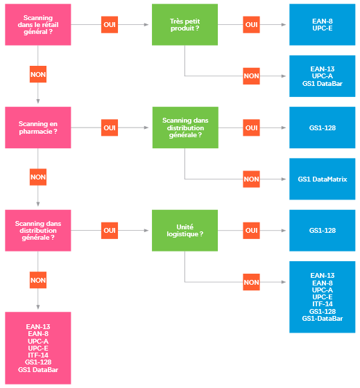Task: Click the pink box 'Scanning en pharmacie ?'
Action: pyautogui.click(x=38, y=127)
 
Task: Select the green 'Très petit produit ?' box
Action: pyautogui.click(x=185, y=24)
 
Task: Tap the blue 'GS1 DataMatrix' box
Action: pyautogui.click(x=322, y=179)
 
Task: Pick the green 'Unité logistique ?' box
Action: pyautogui.click(x=185, y=230)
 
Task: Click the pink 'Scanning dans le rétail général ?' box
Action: pyautogui.click(x=38, y=24)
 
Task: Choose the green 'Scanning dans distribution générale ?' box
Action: pyautogui.click(x=185, y=127)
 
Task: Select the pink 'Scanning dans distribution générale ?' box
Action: pyautogui.click(x=38, y=230)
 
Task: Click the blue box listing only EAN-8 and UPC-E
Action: pyautogui.click(x=322, y=24)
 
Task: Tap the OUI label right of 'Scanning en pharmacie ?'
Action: pyautogui.click(x=110, y=127)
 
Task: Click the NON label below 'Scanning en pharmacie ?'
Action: pyautogui.click(x=38, y=177)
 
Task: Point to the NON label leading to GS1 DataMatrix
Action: pyautogui.click(x=251, y=179)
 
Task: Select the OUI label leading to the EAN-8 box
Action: pyautogui.click(x=251, y=24)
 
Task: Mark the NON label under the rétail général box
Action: pyautogui.click(x=38, y=74)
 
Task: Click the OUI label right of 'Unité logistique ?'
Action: pyautogui.click(x=251, y=230)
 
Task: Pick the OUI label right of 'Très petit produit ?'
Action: pyautogui.click(x=251, y=24)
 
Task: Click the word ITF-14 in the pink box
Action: pyautogui.click(x=38, y=355)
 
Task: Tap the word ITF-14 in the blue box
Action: pyautogui.click(x=323, y=304)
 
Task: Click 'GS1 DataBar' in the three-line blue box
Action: pyautogui.click(x=323, y=84)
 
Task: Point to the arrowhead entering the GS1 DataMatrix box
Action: pyautogui.click(x=284, y=179)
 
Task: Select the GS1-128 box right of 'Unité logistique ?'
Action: pyautogui.click(x=322, y=230)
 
